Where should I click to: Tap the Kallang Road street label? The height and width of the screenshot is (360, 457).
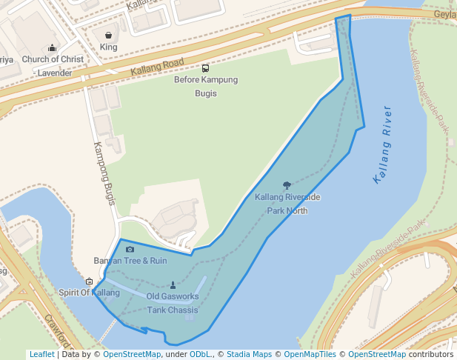pyautogui.click(x=157, y=66)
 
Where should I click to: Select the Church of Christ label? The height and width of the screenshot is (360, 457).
pyautogui.click(x=53, y=59)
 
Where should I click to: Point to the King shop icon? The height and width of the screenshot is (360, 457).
pyautogui.click(x=109, y=35)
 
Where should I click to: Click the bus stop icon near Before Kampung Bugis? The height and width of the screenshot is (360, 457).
pyautogui.click(x=205, y=68)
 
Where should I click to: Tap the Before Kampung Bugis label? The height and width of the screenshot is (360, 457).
pyautogui.click(x=205, y=87)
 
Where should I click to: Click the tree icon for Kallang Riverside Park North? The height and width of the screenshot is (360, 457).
pyautogui.click(x=287, y=185)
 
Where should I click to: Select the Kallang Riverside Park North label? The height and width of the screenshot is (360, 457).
pyautogui.click(x=287, y=204)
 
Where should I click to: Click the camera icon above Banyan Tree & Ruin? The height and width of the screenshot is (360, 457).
pyautogui.click(x=130, y=250)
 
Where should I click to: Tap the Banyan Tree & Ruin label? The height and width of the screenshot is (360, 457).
pyautogui.click(x=130, y=261)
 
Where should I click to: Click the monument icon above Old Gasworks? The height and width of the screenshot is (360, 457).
pyautogui.click(x=173, y=285)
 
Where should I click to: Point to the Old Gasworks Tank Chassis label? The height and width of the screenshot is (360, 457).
pyautogui.click(x=173, y=303)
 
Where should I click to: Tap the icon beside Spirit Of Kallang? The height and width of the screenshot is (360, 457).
pyautogui.click(x=90, y=281)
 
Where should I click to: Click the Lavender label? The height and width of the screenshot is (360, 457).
pyautogui.click(x=55, y=73)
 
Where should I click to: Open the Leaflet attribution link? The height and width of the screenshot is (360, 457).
pyautogui.click(x=41, y=354)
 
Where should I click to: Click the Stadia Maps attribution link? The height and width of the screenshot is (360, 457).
pyautogui.click(x=249, y=354)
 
